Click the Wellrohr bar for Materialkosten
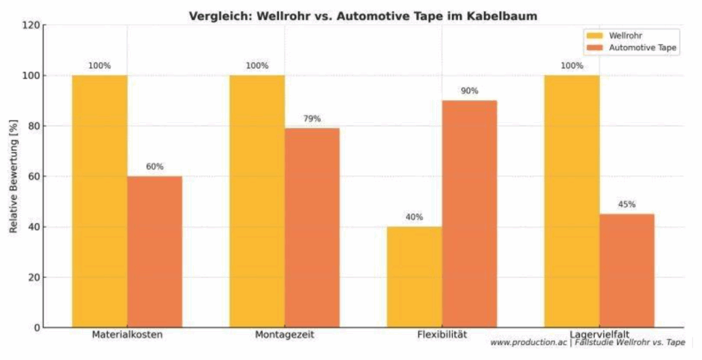(99, 201)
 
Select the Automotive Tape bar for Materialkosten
(154, 252)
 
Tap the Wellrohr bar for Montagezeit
(257, 201)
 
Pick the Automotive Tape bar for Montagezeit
(312, 228)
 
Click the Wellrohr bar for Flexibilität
(415, 277)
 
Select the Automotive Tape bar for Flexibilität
(470, 214)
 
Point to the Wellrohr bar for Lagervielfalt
(572, 201)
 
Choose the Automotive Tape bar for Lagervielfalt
(627, 271)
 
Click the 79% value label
(312, 119)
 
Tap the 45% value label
(627, 204)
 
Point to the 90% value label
(470, 91)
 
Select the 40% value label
(414, 217)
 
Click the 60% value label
(155, 167)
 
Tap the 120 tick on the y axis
(31, 25)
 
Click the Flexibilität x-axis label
(441, 335)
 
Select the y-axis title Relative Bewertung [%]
(14, 176)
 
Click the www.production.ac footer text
(528, 342)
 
